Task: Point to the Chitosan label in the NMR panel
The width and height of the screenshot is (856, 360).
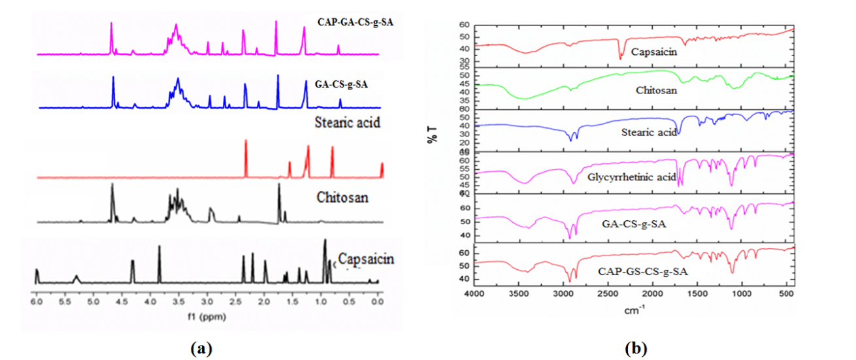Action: click(x=343, y=197)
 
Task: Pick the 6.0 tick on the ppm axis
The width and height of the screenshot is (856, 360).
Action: click(x=37, y=304)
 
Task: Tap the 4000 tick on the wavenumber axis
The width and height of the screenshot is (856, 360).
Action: click(x=475, y=295)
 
